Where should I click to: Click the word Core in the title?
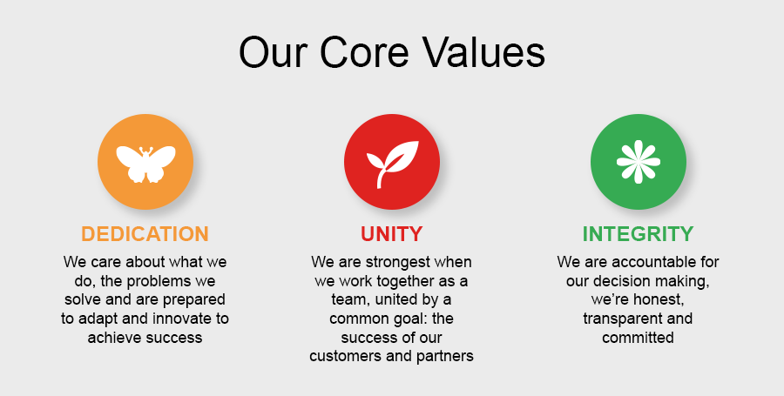pyautogui.click(x=364, y=52)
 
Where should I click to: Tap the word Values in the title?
pyautogui.click(x=484, y=52)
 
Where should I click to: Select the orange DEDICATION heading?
pyautogui.click(x=145, y=234)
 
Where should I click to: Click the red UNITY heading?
pyautogui.click(x=391, y=234)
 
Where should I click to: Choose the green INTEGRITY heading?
pyautogui.click(x=638, y=234)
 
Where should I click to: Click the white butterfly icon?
pyautogui.click(x=145, y=164)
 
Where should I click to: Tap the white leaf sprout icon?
pyautogui.click(x=392, y=164)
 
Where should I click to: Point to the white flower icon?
pyautogui.click(x=639, y=162)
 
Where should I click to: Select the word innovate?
pyautogui.click(x=182, y=319)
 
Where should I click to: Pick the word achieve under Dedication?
pyautogui.click(x=113, y=338)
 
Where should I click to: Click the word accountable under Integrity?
pyautogui.click(x=651, y=262)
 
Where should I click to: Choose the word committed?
pyautogui.click(x=638, y=338)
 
